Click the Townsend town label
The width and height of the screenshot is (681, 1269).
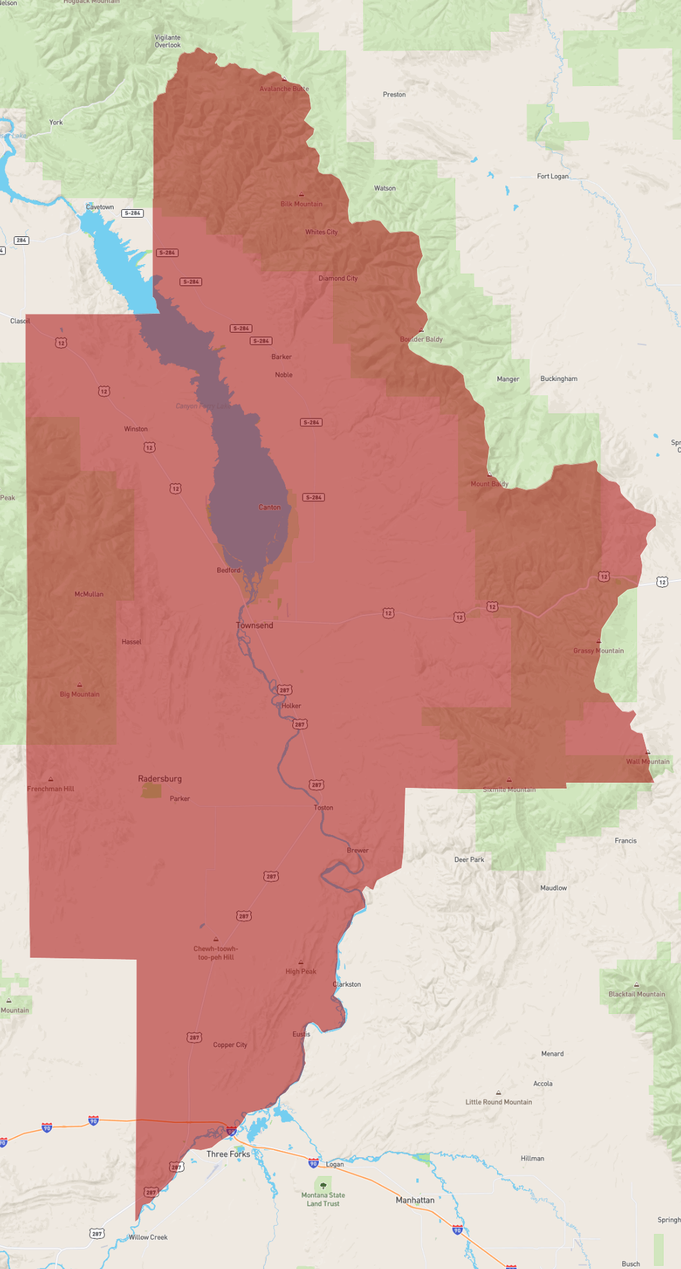254,625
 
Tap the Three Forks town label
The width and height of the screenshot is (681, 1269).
228,1154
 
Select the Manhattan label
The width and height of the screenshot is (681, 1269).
414,1200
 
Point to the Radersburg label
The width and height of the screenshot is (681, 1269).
159,779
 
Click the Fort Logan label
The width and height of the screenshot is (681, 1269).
553,176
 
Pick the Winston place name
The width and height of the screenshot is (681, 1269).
136,429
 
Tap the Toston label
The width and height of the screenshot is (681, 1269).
323,808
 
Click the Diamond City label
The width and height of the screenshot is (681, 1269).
338,278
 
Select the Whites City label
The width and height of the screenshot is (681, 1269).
321,232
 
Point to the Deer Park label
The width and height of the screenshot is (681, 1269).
469,860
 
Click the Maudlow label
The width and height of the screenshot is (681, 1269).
553,888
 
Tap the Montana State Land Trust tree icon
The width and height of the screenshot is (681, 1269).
323,1186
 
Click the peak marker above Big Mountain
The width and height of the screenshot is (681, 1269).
79,685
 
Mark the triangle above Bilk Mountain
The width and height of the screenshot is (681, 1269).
301,194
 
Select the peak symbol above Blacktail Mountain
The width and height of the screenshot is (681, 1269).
636,985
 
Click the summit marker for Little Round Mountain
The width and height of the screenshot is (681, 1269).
498,1093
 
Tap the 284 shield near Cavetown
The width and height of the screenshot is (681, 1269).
132,213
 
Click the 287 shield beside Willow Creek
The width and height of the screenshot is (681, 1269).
97,1233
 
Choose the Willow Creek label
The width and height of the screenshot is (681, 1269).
148,1237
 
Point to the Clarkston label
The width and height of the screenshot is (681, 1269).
347,984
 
